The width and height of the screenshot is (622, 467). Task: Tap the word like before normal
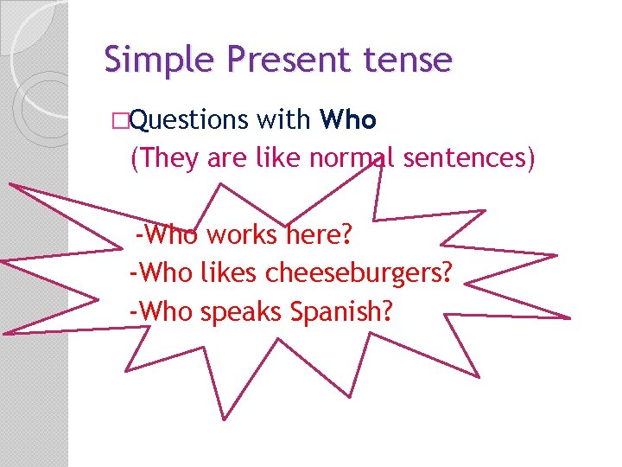(x=278, y=158)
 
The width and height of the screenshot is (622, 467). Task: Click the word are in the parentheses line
(x=223, y=158)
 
